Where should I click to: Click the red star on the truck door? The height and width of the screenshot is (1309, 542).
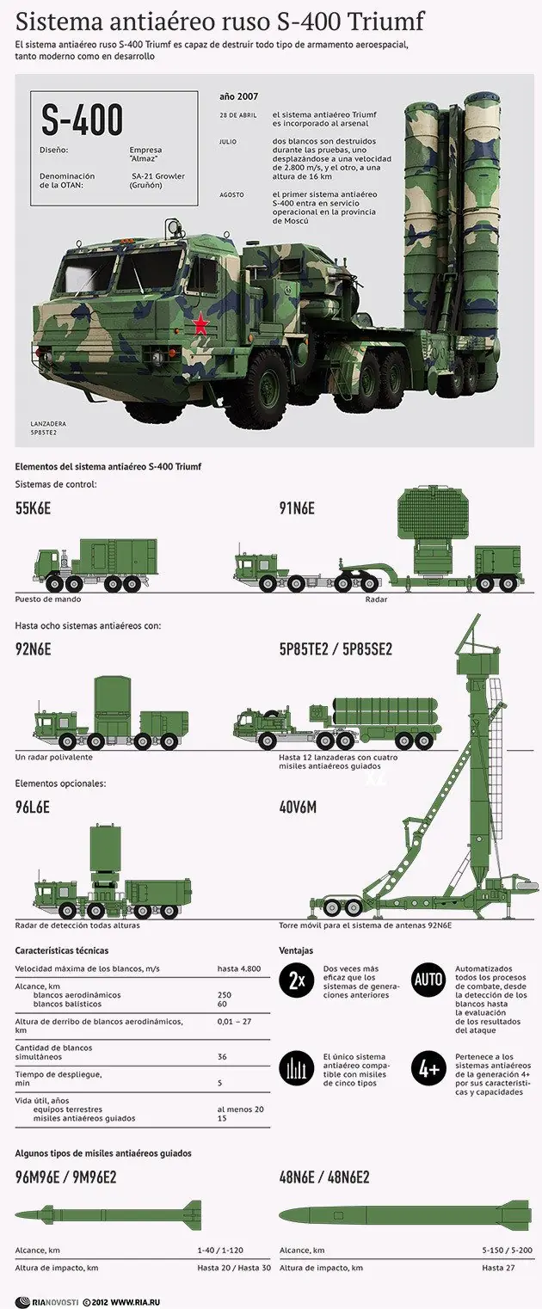tap(200, 323)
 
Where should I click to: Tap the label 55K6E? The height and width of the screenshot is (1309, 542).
tap(33, 508)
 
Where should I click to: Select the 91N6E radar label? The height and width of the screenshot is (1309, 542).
tap(297, 508)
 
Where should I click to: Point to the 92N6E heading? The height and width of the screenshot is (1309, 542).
tap(33, 648)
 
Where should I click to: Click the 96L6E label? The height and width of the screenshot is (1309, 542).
tap(33, 807)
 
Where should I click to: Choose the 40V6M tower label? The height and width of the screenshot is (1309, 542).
tap(298, 807)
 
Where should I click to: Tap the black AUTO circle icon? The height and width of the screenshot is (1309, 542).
tap(428, 979)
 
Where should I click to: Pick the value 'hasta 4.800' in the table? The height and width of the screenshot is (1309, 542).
tap(238, 968)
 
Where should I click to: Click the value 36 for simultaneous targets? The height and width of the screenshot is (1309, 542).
tap(222, 1056)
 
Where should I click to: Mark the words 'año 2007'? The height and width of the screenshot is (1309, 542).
tap(239, 96)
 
